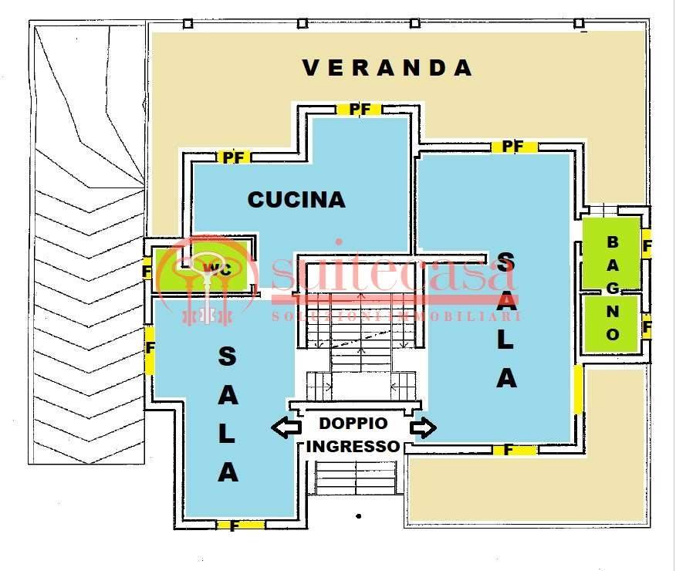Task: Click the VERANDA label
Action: [387, 68]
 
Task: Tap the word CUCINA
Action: [296, 199]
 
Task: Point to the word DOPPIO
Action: [355, 423]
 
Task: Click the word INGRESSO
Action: [353, 446]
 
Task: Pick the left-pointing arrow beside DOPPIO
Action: [286, 427]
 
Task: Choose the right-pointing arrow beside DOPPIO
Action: [424, 427]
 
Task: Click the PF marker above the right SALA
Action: [513, 146]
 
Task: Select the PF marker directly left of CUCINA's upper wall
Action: [234, 157]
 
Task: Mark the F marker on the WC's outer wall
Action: [147, 272]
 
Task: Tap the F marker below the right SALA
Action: [509, 449]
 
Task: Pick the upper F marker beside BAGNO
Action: [647, 248]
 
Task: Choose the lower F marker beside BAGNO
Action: [647, 326]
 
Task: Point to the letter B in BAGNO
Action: [613, 242]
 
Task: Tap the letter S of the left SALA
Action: [228, 356]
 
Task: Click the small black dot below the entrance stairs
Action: [358, 515]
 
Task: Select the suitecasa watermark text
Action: [394, 274]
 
